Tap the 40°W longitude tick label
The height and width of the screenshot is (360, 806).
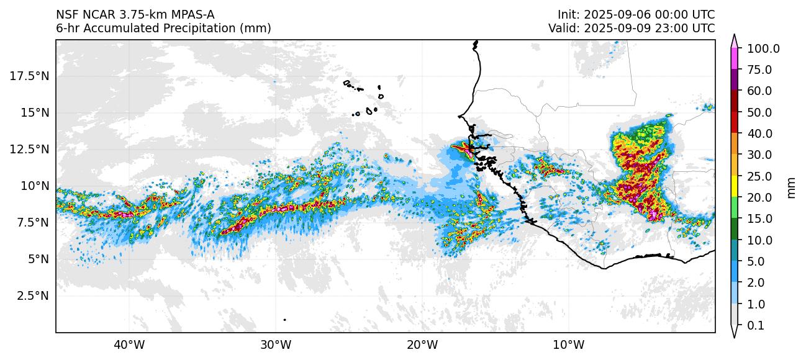(129, 344)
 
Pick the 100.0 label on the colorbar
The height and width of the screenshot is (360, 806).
(763, 48)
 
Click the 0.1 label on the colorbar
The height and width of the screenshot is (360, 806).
(755, 326)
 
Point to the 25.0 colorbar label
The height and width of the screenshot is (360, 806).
(759, 176)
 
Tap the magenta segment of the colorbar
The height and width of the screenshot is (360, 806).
(734, 59)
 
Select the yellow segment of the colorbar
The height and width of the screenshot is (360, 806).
(734, 187)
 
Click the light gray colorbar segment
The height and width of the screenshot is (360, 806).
(734, 315)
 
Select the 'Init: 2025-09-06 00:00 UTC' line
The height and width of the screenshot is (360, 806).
(636, 14)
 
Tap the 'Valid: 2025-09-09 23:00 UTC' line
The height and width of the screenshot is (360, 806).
(632, 28)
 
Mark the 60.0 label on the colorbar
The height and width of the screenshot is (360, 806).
(759, 91)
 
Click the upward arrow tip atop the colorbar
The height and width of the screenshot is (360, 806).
(734, 37)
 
